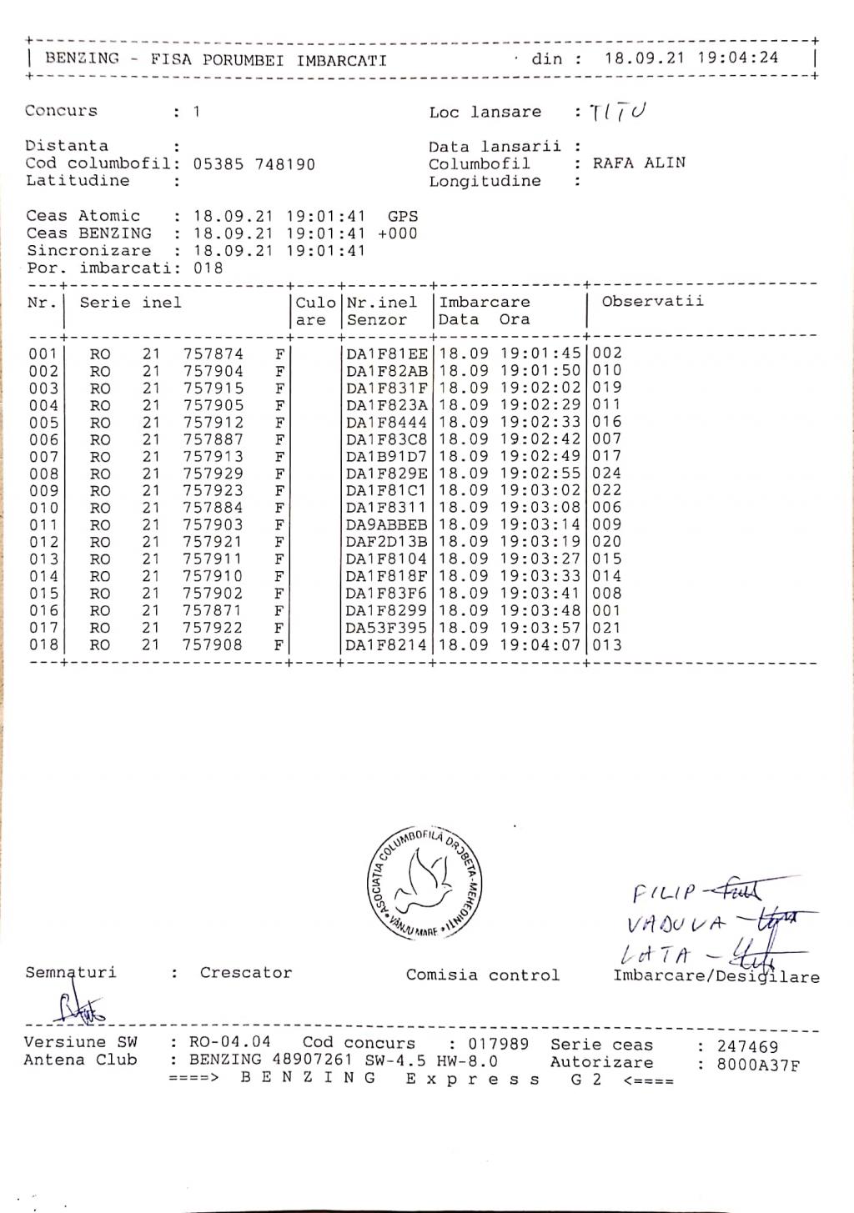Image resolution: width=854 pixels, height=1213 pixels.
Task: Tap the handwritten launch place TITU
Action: tap(618, 112)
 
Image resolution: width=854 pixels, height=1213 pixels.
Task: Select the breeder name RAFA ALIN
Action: tap(639, 163)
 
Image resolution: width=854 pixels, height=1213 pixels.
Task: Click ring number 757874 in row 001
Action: tap(213, 353)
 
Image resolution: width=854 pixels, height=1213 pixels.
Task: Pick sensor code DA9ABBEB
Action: tap(387, 525)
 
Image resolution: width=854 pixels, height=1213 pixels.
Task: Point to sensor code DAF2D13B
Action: tap(387, 542)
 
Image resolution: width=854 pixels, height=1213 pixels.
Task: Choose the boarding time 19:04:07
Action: tap(540, 645)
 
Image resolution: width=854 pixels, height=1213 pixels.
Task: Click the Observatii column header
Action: tap(652, 302)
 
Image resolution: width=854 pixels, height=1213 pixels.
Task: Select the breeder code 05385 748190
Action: tap(254, 164)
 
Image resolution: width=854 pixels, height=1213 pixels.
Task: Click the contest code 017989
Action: tap(498, 1044)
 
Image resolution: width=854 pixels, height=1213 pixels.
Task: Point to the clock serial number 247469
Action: tap(747, 1046)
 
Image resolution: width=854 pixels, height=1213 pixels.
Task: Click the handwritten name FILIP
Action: tap(663, 894)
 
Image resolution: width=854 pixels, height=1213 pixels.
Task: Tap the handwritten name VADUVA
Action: tap(676, 924)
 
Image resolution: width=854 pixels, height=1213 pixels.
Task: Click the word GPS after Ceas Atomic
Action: tap(403, 216)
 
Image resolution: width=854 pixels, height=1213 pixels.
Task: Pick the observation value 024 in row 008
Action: tap(607, 474)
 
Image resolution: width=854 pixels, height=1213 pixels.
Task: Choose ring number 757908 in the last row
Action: tap(213, 645)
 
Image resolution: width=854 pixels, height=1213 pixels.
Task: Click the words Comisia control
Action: tap(482, 975)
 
